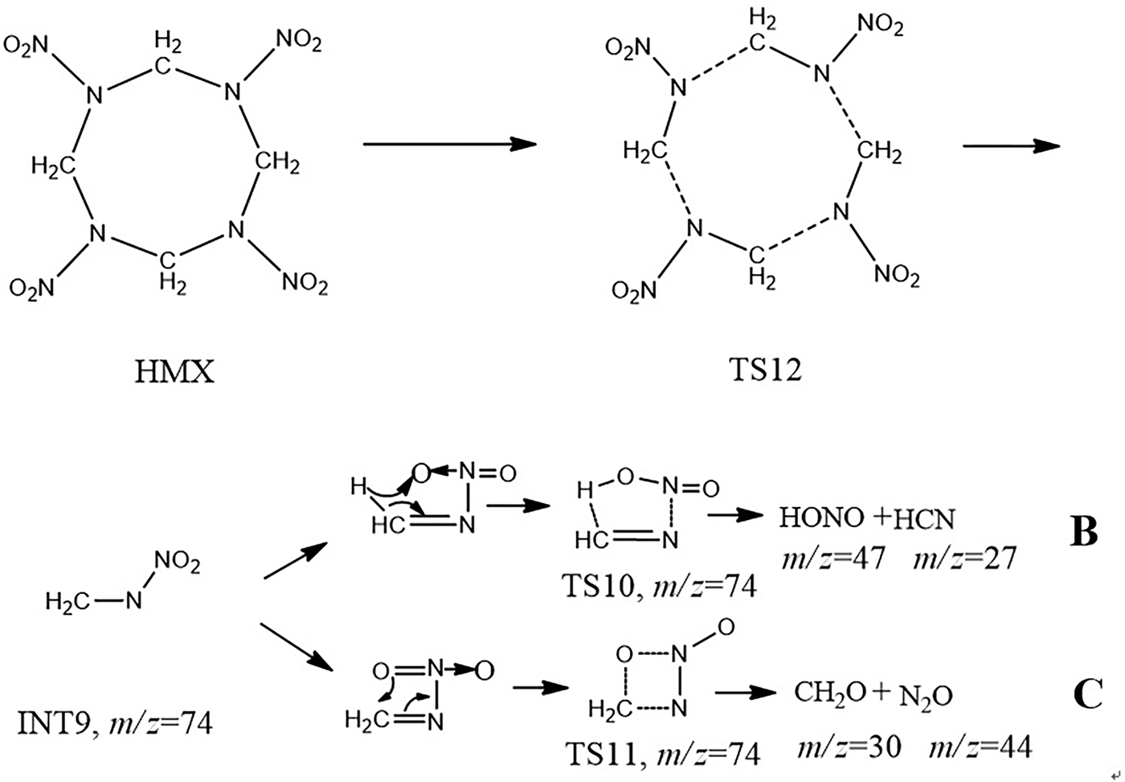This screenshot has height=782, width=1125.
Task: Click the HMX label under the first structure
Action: tap(174, 372)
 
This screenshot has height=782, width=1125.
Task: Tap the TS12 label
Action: tap(765, 371)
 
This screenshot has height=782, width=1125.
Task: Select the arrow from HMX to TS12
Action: tap(449, 144)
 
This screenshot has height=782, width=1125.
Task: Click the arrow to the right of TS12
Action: tap(1011, 146)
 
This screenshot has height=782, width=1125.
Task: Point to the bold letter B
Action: tap(1083, 531)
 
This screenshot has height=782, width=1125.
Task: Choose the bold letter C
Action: tap(1088, 694)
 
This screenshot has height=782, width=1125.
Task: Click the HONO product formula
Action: tap(821, 518)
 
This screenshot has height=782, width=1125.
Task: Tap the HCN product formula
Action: tap(924, 519)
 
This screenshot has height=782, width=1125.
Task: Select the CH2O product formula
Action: tap(829, 694)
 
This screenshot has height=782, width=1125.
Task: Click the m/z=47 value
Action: tap(832, 558)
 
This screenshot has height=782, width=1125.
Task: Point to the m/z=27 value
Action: tap(965, 558)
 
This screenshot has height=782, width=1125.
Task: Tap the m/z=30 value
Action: tap(849, 747)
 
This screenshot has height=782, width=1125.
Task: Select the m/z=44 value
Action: tap(981, 747)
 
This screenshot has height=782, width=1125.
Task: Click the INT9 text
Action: tap(54, 724)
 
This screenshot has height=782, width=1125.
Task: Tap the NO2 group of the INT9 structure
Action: tap(178, 562)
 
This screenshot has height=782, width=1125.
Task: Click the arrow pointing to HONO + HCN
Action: tap(735, 515)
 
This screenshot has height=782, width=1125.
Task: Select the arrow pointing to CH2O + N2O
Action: tap(746, 693)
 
